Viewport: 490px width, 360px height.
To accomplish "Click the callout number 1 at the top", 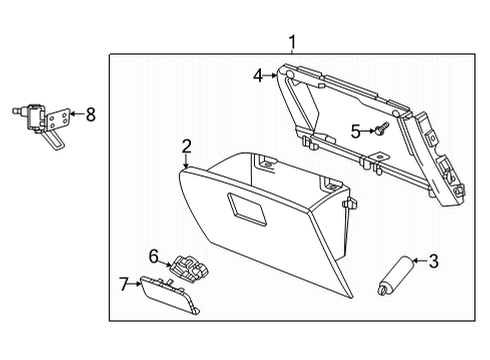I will point(292,42).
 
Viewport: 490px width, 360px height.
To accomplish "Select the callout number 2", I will point(186,148).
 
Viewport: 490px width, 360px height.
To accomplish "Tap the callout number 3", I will point(433,262).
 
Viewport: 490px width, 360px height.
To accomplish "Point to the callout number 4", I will point(257,75).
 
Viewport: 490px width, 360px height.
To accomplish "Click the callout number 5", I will point(356,130).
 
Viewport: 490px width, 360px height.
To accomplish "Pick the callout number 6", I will point(154,256).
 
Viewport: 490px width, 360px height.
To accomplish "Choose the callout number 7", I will point(124,286).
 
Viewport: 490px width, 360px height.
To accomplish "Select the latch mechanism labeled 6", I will point(186,267).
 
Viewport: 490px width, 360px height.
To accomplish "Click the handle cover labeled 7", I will point(168,296).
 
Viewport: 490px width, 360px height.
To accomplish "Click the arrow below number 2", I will point(186,163).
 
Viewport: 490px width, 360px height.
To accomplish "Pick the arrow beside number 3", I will point(419,262).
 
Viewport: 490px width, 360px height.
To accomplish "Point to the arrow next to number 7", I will point(137,286).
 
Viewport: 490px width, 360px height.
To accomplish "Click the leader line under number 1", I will point(292,52).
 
